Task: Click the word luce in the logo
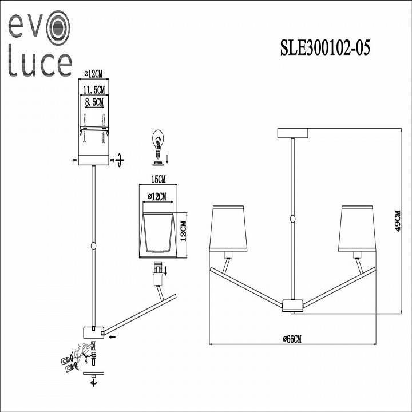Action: point(39,64)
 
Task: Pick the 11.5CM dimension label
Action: point(93,90)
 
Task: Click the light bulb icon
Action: point(157,141)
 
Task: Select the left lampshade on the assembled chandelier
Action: point(229,228)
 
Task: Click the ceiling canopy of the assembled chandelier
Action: point(292,133)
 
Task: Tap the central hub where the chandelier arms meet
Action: point(292,306)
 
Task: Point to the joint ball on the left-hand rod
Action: point(93,247)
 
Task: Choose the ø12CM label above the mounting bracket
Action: point(93,74)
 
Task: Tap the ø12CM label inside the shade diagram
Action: point(157,197)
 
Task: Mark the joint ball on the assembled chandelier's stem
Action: point(292,219)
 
